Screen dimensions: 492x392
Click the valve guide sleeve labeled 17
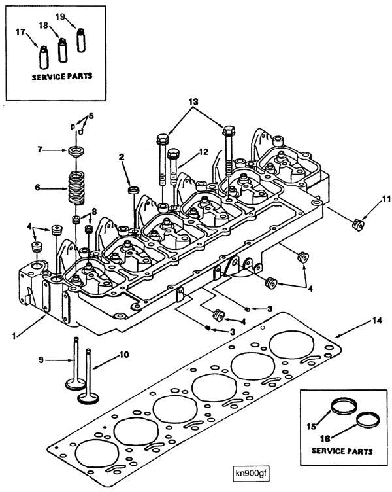(x=44, y=56)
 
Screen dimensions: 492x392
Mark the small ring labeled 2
(x=133, y=190)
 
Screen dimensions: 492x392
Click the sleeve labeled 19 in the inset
(x=82, y=41)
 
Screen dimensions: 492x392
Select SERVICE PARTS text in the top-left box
(x=62, y=76)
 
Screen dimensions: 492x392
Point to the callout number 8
(x=95, y=211)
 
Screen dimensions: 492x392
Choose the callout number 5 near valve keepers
(x=91, y=116)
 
